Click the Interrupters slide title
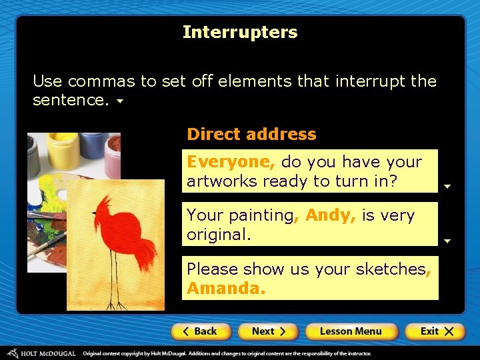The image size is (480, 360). pos(240,32)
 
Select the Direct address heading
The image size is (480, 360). pos(251,134)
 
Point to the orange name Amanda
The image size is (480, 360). pos(225,289)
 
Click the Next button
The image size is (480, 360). pos(268,331)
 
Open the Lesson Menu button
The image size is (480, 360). pos(351,331)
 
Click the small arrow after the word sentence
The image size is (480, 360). pos(120,102)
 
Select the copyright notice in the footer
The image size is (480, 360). pos(227,353)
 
